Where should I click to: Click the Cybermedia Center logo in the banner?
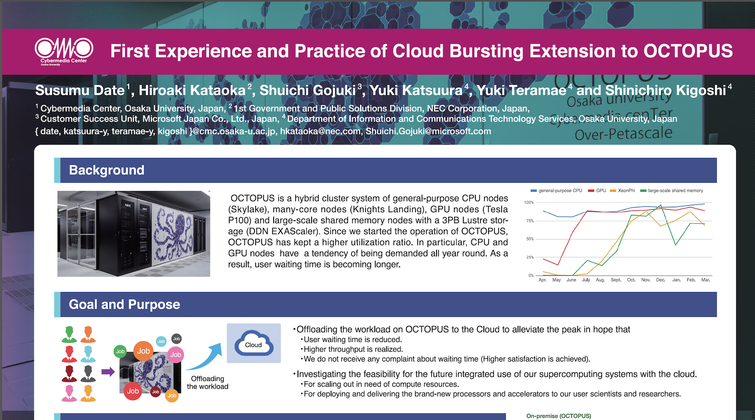64,51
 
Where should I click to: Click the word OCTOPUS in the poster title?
688,51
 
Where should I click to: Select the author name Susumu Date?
80,90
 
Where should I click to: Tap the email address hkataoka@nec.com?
320,131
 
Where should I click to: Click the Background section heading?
107,170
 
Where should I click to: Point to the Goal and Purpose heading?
125,304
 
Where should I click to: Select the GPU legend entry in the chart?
597,191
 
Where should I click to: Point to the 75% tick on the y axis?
530,221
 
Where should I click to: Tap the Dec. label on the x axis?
661,280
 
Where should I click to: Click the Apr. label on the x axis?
542,280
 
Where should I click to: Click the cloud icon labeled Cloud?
254,343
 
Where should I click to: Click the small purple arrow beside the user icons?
108,372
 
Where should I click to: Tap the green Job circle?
120,352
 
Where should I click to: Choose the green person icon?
69,334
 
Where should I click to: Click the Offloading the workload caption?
208,383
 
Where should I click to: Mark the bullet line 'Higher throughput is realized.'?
352,349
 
